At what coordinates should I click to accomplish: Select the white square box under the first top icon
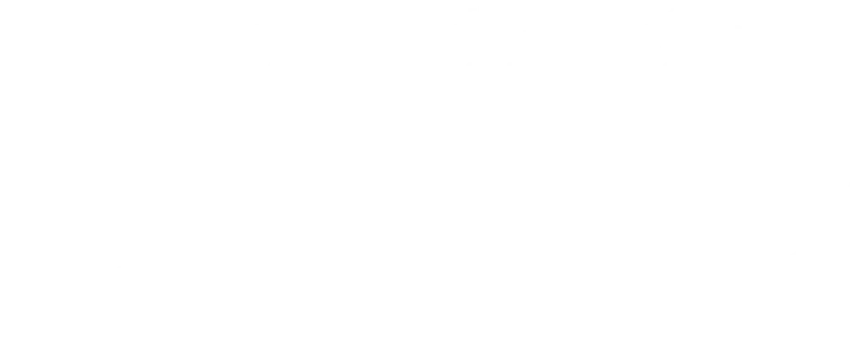coord(132,120)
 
